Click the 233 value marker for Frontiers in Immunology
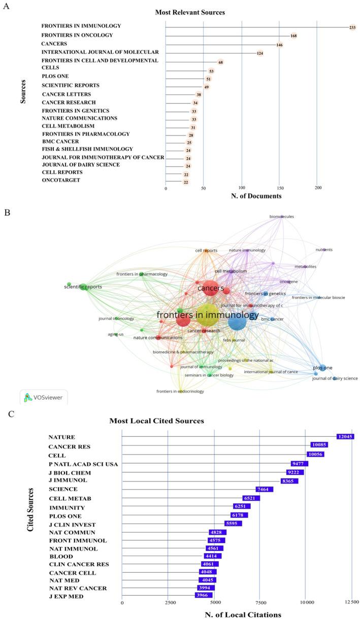pos(352,27)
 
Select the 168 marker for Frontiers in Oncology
pos(293,36)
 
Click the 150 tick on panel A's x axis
pos(279,188)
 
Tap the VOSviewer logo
pos(44,397)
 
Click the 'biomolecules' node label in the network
pos(282,217)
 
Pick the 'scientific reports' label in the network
pos(83,287)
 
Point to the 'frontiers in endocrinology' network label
pos(180,391)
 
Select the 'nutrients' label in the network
pos(324,250)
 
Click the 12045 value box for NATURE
pos(345,436)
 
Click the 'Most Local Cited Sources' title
pos(156,421)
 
